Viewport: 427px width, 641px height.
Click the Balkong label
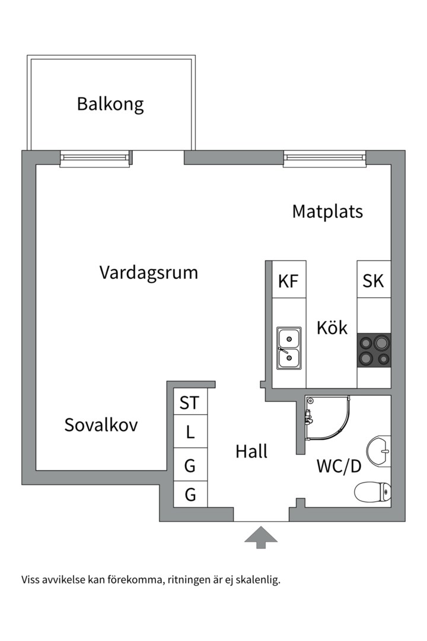[110, 104]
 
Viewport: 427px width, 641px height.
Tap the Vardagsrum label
[148, 273]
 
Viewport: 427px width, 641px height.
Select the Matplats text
[327, 211]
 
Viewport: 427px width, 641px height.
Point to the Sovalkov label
[101, 425]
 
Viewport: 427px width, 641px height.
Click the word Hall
[251, 452]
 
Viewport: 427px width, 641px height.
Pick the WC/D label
[339, 467]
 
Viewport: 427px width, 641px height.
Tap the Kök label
[332, 328]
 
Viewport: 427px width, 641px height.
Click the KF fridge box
[288, 280]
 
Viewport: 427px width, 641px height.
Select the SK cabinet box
[374, 280]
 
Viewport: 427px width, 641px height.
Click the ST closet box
[190, 404]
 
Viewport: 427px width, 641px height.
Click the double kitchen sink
[289, 349]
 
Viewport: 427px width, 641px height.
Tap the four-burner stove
[374, 350]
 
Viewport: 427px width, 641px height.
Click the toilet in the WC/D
[372, 491]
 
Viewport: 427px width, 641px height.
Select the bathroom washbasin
[378, 450]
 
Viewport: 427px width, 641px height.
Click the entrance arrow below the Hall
[261, 537]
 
